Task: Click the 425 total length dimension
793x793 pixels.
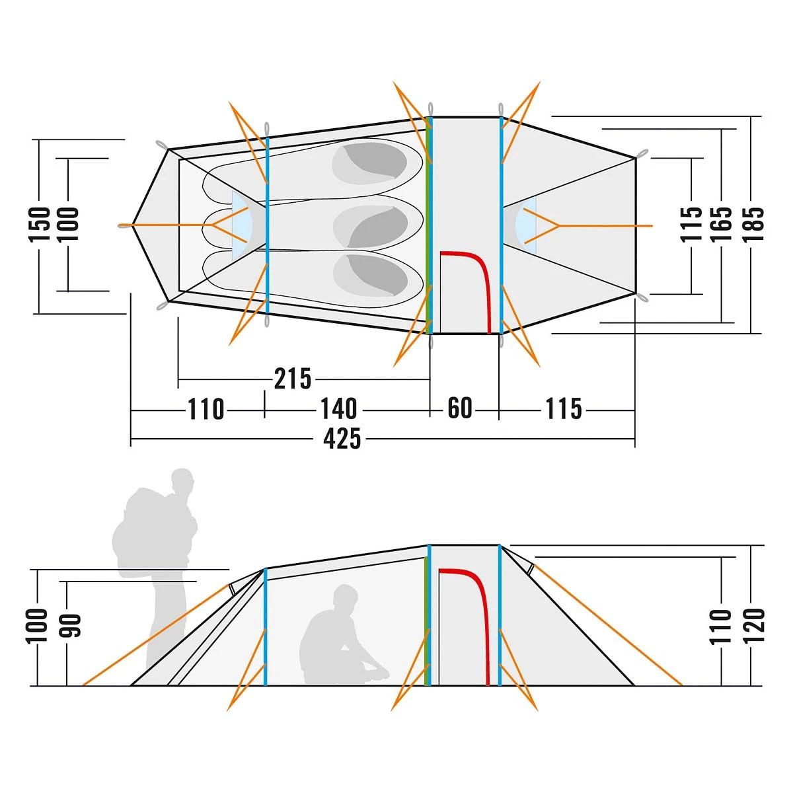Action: click(342, 439)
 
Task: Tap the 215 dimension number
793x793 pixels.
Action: click(293, 379)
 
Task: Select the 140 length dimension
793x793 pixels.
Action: click(339, 409)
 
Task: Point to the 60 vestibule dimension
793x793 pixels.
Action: click(460, 408)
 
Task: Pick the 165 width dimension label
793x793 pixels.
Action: click(722, 224)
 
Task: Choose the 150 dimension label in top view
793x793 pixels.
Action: click(40, 224)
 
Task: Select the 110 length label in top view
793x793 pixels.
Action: click(206, 410)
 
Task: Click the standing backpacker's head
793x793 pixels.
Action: click(182, 481)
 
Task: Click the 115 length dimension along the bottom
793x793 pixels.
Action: click(564, 408)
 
